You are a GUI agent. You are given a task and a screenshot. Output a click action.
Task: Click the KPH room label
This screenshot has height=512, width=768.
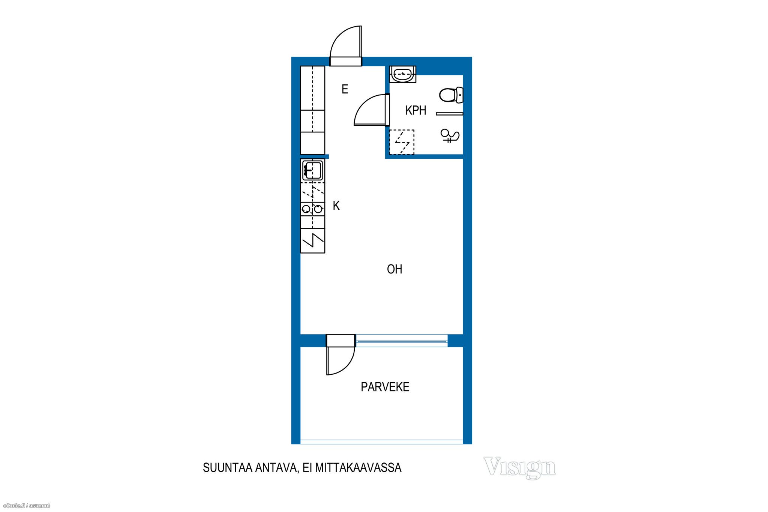pyautogui.click(x=415, y=110)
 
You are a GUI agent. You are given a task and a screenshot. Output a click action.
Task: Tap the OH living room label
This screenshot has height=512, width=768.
pyautogui.click(x=394, y=269)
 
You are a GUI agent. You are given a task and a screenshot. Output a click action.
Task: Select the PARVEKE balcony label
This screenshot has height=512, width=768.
pyautogui.click(x=385, y=387)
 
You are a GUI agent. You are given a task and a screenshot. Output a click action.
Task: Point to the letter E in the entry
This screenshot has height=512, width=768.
pyautogui.click(x=345, y=89)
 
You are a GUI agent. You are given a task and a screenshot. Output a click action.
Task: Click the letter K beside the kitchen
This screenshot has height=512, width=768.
pyautogui.click(x=336, y=206)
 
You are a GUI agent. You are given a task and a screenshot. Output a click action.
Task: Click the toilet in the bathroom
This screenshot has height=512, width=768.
pyautogui.click(x=451, y=95)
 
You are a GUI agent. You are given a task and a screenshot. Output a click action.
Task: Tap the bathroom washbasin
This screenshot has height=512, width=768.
pyautogui.click(x=403, y=74)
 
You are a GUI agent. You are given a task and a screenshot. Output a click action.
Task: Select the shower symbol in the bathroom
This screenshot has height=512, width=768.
pyautogui.click(x=450, y=135)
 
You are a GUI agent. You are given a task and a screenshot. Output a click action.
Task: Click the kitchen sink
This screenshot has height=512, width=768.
pyautogui.click(x=313, y=170)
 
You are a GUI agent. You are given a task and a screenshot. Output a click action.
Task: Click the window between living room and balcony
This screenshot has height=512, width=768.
pyautogui.click(x=401, y=341)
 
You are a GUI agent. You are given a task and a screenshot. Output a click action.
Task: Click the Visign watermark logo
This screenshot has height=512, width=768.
pyautogui.click(x=520, y=467)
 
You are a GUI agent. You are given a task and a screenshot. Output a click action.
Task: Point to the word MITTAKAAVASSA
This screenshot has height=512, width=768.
pyautogui.click(x=358, y=468)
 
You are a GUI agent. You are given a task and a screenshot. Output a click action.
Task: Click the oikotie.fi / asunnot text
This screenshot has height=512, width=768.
pyautogui.click(x=27, y=506)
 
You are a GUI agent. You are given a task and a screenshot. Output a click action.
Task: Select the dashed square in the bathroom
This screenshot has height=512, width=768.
pyautogui.click(x=402, y=142)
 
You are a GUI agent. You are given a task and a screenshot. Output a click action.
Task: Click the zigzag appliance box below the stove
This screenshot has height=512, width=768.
pyautogui.click(x=312, y=240)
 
